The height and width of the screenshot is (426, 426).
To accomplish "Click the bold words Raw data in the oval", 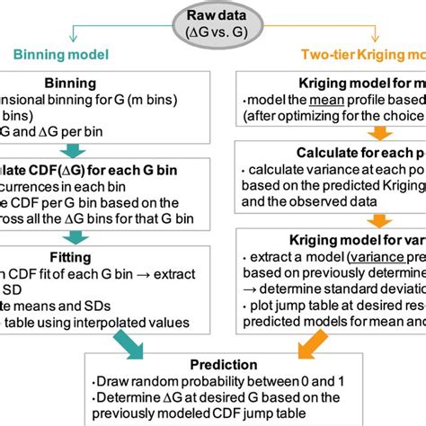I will pos(212,14).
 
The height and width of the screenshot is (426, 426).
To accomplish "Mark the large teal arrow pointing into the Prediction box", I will pos(143,337).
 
